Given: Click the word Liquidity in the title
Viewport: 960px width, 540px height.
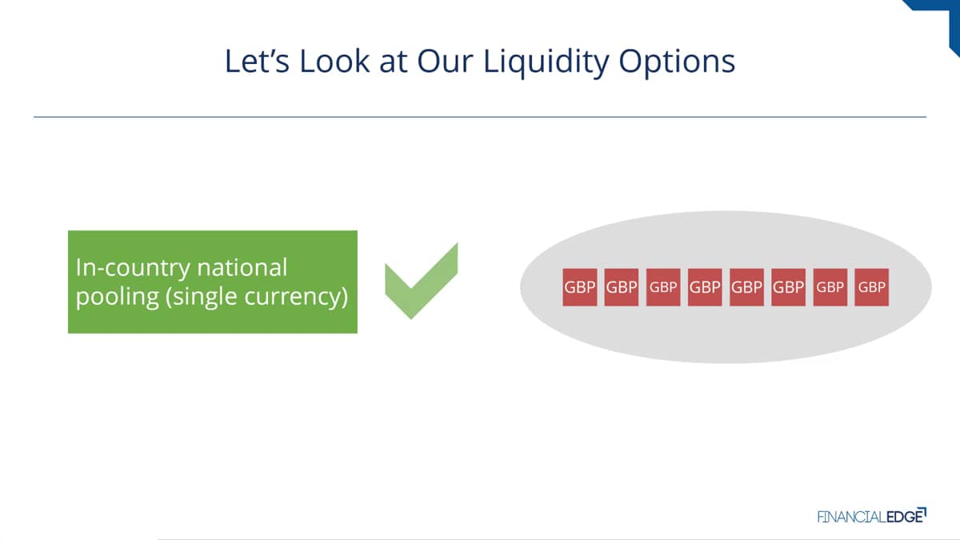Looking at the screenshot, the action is tap(546, 62).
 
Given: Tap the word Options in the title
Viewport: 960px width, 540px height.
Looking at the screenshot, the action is tap(677, 62).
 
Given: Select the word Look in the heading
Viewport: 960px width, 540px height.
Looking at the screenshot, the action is tap(334, 61).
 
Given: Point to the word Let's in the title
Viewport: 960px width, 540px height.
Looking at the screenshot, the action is tap(257, 61).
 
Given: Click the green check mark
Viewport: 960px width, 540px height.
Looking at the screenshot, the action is tap(422, 281).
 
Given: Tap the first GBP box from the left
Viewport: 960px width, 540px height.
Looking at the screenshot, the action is tap(579, 287).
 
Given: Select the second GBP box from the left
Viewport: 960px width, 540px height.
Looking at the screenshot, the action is tap(622, 287).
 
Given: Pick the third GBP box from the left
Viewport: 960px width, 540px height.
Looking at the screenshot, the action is tap(663, 287).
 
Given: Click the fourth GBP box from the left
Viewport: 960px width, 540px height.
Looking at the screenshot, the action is tap(705, 287).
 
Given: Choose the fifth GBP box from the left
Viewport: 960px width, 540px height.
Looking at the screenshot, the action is tap(746, 287).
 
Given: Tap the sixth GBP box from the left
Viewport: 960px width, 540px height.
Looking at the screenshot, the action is tap(788, 287).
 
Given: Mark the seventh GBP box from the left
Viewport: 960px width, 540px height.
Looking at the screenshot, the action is tap(830, 287).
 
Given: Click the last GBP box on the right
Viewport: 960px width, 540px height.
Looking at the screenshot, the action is tap(872, 287).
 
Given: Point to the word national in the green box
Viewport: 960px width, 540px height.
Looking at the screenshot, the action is tap(242, 268).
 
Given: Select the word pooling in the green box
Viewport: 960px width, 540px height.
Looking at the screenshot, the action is tap(118, 297).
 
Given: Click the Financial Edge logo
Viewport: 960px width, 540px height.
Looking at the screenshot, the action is tap(872, 515).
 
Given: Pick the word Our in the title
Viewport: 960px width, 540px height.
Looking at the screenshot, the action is tap(445, 61).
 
